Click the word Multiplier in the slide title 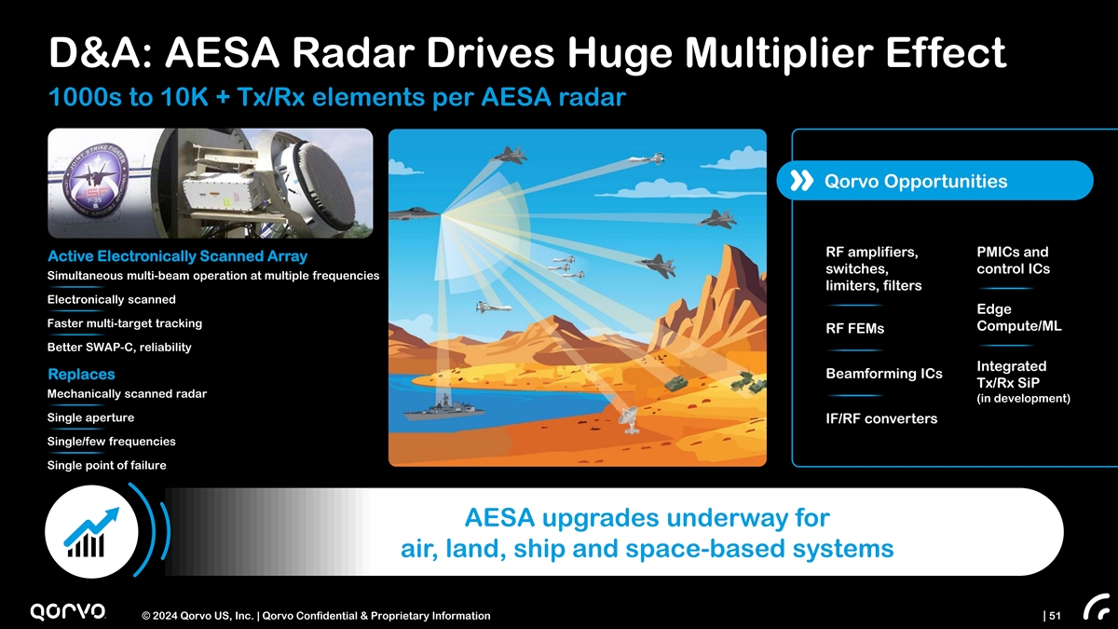779,53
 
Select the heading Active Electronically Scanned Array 177,256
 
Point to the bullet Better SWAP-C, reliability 119,347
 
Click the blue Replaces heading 81,374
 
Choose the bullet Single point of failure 107,465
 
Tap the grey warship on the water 443,409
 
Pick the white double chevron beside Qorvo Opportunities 801,181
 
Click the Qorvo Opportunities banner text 916,181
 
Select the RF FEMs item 855,328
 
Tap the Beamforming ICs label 884,374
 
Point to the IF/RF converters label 881,418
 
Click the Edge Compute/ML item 1019,318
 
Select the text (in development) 1024,399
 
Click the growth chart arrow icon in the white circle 92,532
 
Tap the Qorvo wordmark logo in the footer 68,611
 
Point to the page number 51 1055,616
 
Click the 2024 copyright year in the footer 165,616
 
